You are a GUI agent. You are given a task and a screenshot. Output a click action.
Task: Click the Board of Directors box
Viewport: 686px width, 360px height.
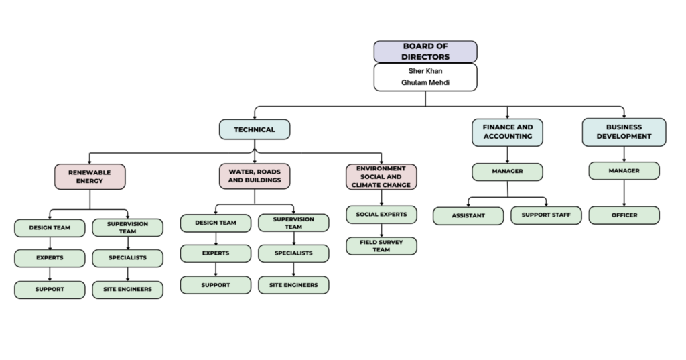(425, 52)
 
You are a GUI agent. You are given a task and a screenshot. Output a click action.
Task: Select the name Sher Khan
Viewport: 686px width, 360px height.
(425, 71)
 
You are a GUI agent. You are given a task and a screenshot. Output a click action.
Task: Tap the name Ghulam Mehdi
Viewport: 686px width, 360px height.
(425, 82)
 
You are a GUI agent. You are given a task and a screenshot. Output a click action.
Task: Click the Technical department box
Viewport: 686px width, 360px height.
(255, 129)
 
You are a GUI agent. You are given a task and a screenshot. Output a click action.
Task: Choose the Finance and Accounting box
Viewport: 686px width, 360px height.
(508, 132)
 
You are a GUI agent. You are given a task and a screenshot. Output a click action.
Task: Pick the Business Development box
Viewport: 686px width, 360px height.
(624, 132)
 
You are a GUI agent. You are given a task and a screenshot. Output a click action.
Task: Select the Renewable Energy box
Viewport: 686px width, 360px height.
(90, 176)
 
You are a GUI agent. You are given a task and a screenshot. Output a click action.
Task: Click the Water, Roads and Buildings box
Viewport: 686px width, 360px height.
(255, 176)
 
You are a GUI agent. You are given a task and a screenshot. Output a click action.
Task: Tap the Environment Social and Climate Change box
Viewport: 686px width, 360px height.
(381, 176)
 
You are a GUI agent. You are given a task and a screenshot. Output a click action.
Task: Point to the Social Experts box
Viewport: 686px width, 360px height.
(381, 215)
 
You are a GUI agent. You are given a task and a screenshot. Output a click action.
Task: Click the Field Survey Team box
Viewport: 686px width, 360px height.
(381, 246)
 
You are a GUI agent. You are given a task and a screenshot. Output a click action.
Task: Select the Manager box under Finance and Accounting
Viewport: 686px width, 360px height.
(508, 172)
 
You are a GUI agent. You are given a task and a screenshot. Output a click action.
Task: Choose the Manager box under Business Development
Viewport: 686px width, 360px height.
(624, 171)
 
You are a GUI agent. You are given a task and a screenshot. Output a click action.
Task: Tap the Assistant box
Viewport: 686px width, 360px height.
(468, 216)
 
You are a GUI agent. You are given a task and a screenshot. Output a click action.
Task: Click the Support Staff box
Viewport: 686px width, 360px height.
(546, 215)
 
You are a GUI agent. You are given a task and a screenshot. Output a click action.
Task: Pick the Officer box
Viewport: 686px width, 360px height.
(624, 215)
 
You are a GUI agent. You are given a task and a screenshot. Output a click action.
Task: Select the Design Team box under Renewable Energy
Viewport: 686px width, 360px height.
(50, 228)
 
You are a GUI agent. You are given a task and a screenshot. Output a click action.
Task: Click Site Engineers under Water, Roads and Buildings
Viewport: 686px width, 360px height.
(293, 285)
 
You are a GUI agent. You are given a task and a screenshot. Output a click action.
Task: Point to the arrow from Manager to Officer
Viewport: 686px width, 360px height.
(624, 193)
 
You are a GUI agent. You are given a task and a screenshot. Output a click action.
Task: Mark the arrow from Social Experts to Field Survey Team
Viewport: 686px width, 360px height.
(381, 231)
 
